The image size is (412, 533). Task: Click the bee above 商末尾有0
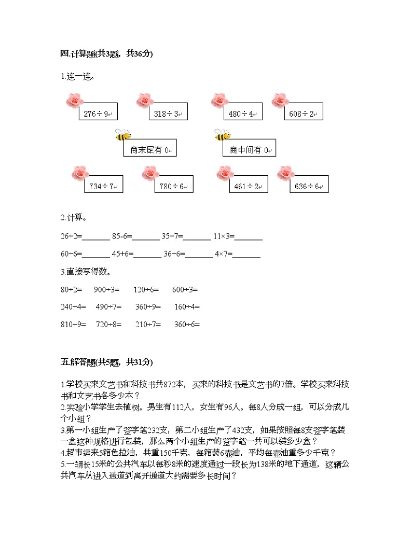(x=123, y=135)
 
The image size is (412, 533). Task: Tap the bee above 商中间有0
(x=223, y=135)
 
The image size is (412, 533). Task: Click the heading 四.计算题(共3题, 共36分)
(x=106, y=53)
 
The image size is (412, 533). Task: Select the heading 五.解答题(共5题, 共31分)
(x=106, y=362)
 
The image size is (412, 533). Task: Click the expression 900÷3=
(x=106, y=289)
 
